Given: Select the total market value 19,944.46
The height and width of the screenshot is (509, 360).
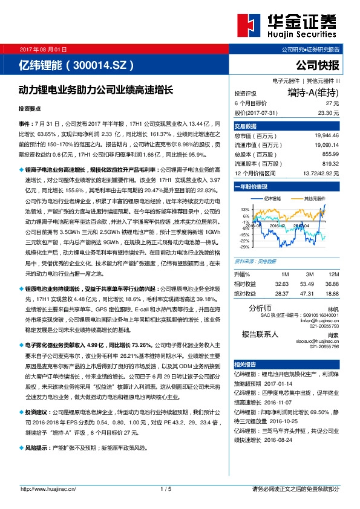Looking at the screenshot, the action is [x=327, y=136].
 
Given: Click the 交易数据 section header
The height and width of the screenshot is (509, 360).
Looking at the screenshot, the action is [x=246, y=126].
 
